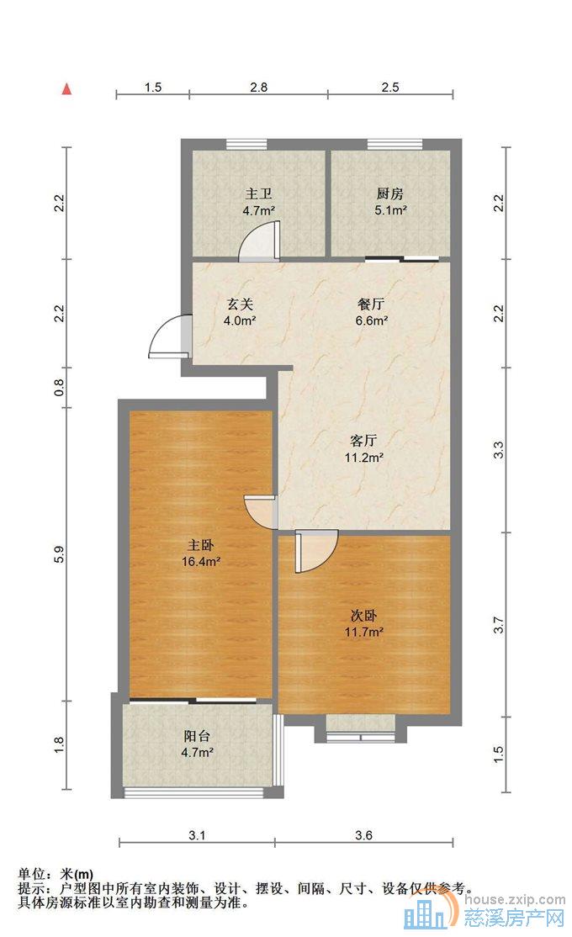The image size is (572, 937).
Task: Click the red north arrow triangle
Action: [67, 89]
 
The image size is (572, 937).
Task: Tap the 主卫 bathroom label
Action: [259, 193]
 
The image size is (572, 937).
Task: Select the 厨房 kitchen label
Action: [389, 193]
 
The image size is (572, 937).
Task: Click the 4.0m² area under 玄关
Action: [240, 320]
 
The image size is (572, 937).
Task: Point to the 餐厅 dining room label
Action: [371, 304]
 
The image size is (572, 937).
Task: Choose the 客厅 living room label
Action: [363, 441]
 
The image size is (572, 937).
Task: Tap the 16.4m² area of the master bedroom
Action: [201, 561]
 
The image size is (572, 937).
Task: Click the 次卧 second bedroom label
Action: [363, 616]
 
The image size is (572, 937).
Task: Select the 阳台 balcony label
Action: [197, 736]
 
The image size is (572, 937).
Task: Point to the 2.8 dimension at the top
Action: [259, 87]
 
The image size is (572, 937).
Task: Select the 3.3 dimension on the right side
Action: [499, 449]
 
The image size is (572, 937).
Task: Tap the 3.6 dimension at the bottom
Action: [363, 835]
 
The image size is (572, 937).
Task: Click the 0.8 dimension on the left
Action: [59, 388]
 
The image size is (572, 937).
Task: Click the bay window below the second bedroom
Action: [361, 729]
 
